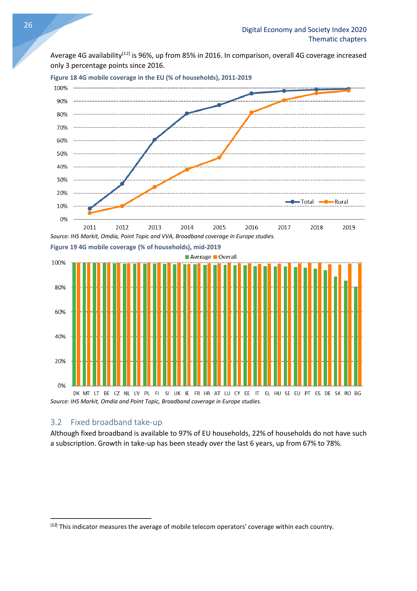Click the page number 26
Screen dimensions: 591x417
click(28, 25)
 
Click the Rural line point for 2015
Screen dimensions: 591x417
click(219, 158)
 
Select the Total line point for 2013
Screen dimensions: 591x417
click(154, 140)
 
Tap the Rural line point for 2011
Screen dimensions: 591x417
click(90, 213)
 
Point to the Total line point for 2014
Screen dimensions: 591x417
click(187, 113)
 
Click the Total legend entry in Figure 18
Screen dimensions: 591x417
click(300, 202)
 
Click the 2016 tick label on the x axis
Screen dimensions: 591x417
click(252, 228)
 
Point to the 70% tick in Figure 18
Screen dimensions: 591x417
click(62, 128)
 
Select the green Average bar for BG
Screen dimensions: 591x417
click(356, 336)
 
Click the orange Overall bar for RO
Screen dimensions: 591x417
click(350, 325)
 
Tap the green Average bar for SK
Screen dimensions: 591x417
click(336, 331)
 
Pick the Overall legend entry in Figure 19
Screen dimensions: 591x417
click(225, 257)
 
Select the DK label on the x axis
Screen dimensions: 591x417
click(76, 393)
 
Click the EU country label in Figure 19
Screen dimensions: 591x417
click(297, 393)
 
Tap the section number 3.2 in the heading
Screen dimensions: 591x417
click(56, 422)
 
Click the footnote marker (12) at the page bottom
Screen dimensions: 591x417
click(54, 525)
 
